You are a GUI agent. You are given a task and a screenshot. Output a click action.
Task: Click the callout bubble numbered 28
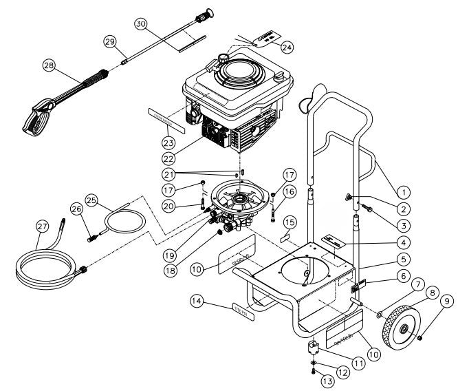click(x=48, y=66)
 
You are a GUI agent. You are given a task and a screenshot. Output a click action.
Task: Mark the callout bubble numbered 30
click(x=140, y=23)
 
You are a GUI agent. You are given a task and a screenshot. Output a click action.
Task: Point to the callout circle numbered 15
click(x=290, y=222)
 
